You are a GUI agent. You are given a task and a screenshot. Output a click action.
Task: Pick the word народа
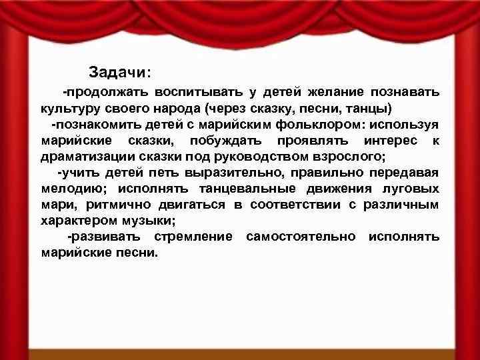(176, 108)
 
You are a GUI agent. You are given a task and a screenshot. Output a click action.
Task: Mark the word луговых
(413, 189)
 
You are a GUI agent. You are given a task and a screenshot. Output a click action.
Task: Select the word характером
(74, 221)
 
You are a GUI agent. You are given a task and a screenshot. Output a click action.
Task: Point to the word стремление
(193, 237)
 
